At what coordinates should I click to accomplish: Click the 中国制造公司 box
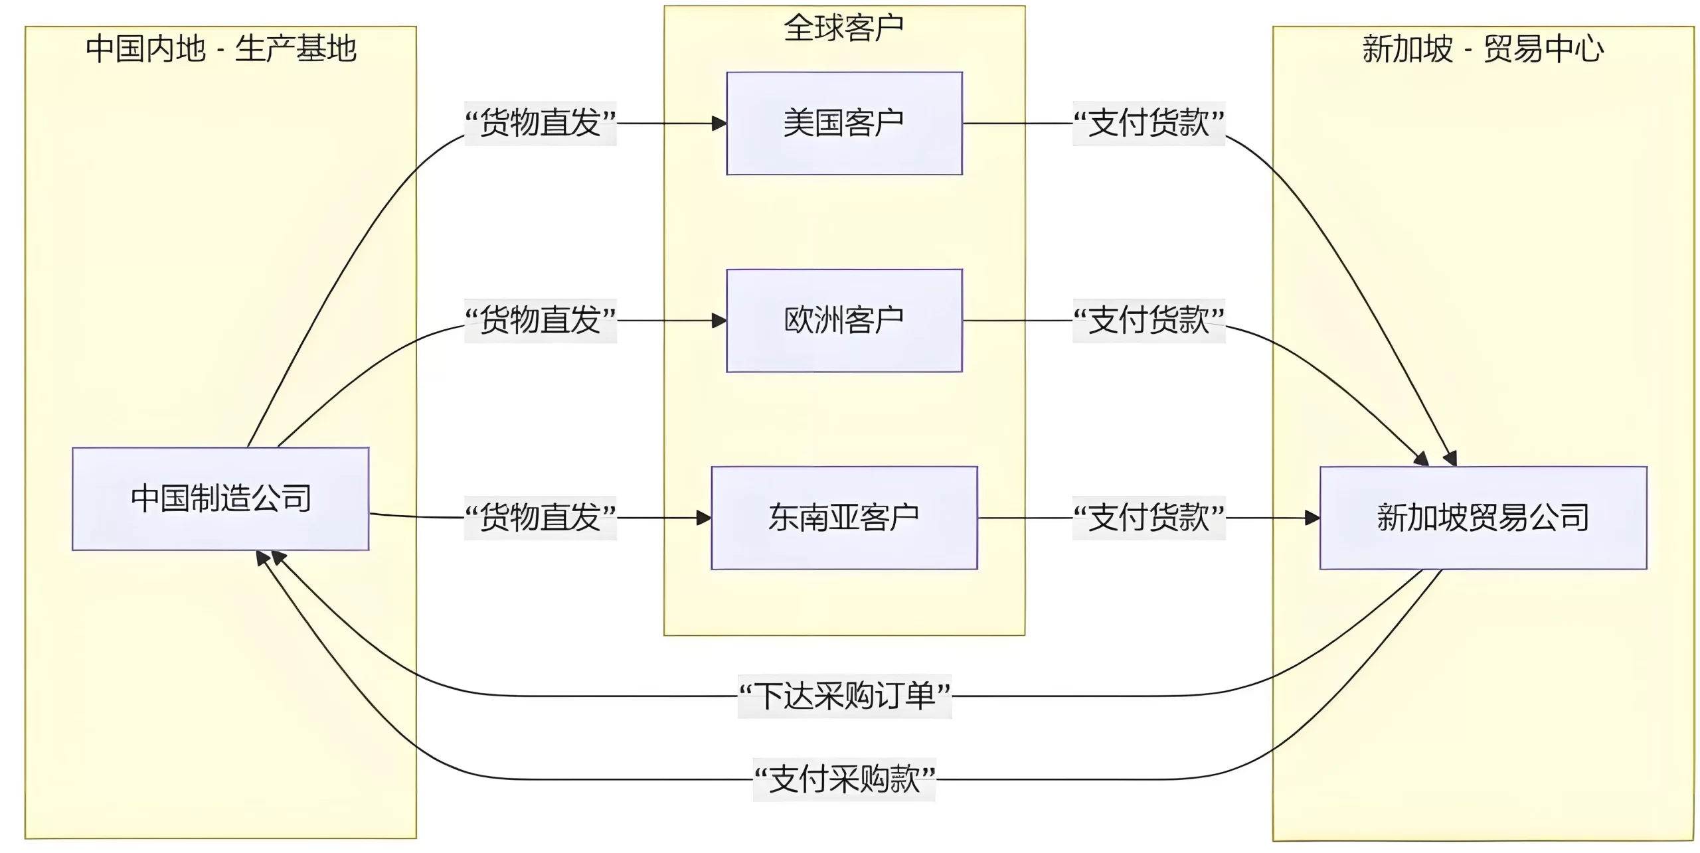point(220,499)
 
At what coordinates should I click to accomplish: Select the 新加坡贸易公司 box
point(1483,518)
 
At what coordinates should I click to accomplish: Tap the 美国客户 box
point(844,123)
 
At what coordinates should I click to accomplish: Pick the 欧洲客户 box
point(844,321)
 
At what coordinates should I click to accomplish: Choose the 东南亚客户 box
point(844,518)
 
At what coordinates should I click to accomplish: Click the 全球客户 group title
point(844,28)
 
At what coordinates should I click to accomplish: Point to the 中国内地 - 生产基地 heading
point(220,49)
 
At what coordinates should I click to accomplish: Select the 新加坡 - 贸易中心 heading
point(1483,49)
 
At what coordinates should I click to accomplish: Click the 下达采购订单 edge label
point(845,696)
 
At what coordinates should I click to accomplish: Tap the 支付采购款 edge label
point(845,779)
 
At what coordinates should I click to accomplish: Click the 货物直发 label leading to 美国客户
point(541,123)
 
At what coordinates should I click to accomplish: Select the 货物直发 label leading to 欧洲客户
point(541,321)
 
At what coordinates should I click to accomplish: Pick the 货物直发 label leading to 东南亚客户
point(541,518)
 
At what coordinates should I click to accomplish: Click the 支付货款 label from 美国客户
point(1149,123)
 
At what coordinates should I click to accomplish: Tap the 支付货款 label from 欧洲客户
point(1149,321)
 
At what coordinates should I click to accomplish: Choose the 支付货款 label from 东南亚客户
point(1149,518)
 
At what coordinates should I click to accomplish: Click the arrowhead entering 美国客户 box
point(719,123)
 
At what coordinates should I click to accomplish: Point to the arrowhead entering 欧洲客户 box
point(719,321)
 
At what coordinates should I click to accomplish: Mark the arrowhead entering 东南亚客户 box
point(704,518)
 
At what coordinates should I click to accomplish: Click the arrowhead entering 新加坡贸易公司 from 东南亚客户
point(1312,518)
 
